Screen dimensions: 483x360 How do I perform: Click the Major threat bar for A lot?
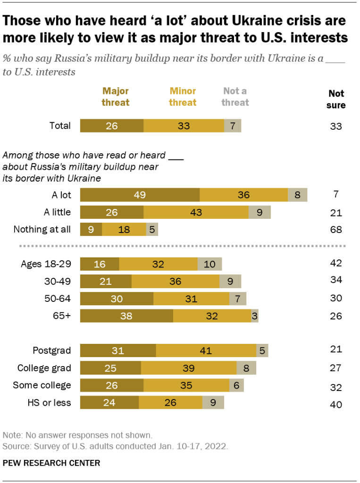140,195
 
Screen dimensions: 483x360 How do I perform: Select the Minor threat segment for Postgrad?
206,350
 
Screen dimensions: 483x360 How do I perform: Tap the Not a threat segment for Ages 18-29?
209,264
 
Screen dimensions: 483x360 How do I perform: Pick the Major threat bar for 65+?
126,316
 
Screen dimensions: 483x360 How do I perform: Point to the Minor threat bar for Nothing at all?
124,229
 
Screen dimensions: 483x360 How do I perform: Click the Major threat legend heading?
116,96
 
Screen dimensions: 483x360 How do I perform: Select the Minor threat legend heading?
183,96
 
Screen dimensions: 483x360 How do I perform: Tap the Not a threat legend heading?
235,96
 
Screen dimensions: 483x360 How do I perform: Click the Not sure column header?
336,99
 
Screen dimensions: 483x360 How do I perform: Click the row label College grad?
44,368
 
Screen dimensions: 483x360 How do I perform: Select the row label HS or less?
50,403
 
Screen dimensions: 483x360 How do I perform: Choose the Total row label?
60,125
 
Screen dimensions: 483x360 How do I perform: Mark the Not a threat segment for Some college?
236,385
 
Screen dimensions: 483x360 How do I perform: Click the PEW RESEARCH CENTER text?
51,463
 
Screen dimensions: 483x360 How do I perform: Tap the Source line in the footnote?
116,445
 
